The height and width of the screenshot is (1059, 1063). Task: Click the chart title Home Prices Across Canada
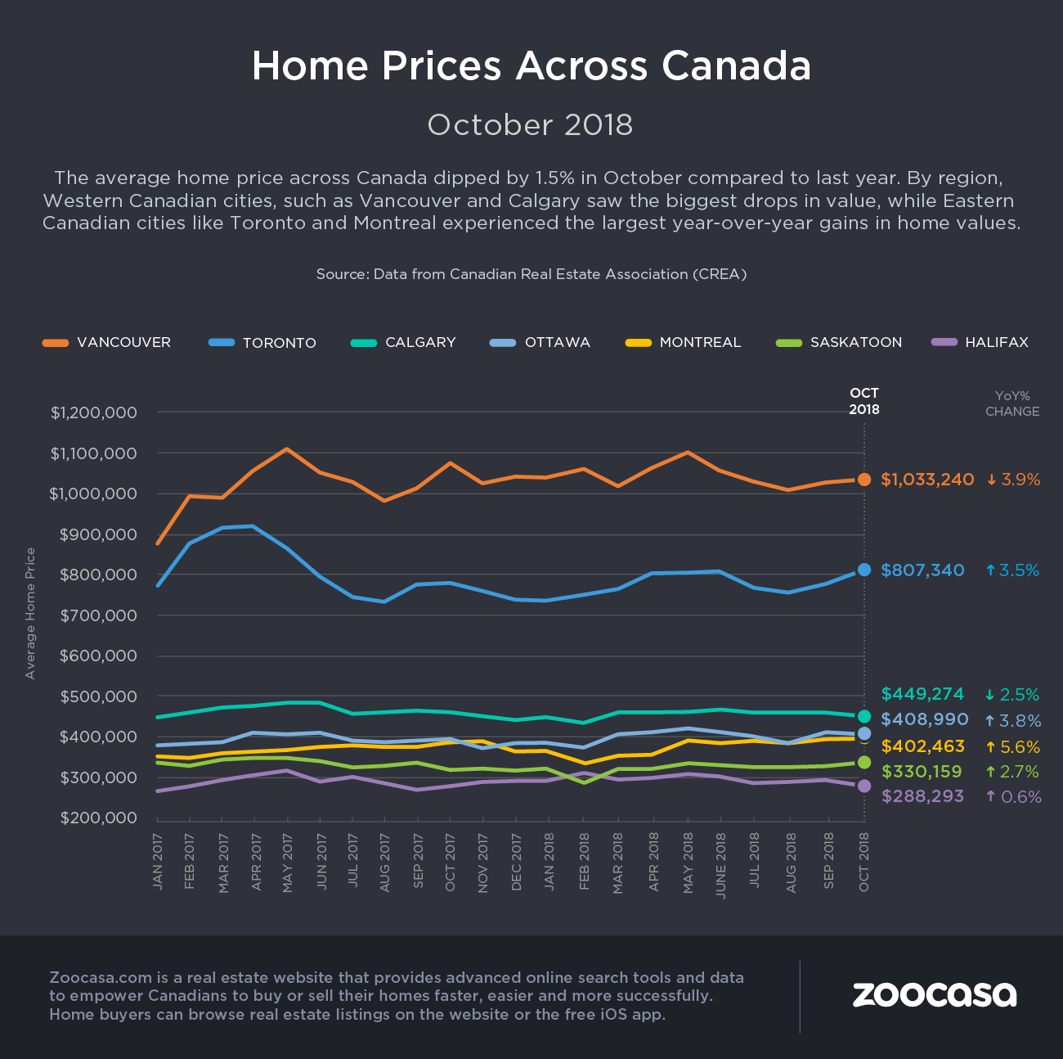pos(531,66)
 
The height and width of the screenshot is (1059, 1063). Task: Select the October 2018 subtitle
pos(530,125)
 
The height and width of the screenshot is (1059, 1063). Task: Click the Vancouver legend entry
pos(107,342)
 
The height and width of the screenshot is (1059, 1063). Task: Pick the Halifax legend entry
pos(980,342)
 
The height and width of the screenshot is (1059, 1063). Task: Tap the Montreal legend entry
pos(683,342)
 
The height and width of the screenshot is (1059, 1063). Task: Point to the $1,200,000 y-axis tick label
pos(93,412)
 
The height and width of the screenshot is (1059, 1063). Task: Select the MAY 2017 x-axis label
pos(287,863)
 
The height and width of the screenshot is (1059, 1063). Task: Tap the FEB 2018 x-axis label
pos(584,861)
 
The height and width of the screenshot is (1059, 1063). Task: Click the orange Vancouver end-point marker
pos(864,480)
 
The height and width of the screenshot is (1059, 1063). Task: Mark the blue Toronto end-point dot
pos(864,570)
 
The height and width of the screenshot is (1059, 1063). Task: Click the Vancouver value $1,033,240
pos(927,480)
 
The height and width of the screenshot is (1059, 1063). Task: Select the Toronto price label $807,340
pos(922,570)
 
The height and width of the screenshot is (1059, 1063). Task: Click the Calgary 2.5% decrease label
pos(1012,695)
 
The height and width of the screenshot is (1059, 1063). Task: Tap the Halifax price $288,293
pos(922,796)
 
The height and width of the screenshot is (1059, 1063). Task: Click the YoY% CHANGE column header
pos(1012,403)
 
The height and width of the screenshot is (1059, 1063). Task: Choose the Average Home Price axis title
pos(31,613)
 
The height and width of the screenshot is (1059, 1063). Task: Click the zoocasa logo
pos(934,994)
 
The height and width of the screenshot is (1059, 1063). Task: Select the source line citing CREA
pos(531,274)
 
